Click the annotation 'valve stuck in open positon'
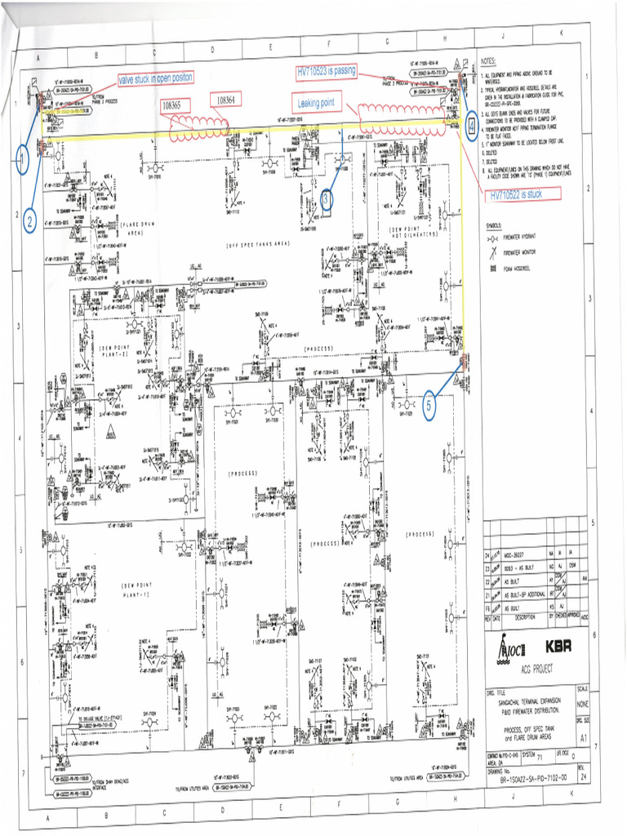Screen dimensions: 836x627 pyautogui.click(x=156, y=78)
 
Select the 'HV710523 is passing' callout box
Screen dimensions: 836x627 pyautogui.click(x=327, y=72)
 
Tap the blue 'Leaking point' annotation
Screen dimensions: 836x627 pyautogui.click(x=320, y=103)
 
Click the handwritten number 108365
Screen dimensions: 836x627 pyautogui.click(x=176, y=106)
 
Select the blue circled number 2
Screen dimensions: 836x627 pyautogui.click(x=29, y=220)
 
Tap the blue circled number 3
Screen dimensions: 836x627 pyautogui.click(x=326, y=199)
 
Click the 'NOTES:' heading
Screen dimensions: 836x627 pyautogui.click(x=489, y=61)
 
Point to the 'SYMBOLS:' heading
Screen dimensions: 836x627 pyautogui.click(x=494, y=225)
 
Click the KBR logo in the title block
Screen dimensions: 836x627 pyautogui.click(x=558, y=645)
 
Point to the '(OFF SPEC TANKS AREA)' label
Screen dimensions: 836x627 pyautogui.click(x=259, y=244)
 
